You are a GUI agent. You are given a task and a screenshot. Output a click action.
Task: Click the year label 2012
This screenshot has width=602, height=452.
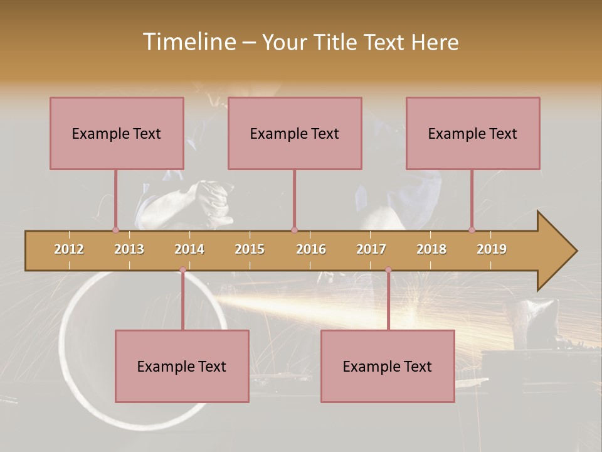[69, 249]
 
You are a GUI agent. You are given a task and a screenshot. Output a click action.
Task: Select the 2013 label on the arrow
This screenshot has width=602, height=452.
[129, 249]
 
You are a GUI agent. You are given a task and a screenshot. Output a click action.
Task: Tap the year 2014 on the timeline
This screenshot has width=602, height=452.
[189, 249]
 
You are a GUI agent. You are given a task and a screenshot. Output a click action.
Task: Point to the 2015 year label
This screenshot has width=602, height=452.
[250, 249]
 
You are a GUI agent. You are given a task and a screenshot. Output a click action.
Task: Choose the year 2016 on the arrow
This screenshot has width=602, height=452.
[311, 249]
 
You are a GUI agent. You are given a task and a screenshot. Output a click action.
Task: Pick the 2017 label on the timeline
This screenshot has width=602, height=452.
[371, 249]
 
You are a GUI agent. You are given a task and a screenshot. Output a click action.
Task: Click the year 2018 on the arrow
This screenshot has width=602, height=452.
[431, 249]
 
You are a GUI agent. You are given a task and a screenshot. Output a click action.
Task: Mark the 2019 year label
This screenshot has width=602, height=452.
[492, 249]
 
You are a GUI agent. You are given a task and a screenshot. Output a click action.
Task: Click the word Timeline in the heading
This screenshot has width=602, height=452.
[188, 42]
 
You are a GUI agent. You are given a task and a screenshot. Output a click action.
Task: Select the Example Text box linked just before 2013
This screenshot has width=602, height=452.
[117, 133]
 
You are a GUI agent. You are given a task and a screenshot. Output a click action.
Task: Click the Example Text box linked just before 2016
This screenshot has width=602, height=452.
[295, 133]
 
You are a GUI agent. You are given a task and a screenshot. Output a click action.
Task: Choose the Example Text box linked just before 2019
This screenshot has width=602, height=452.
[473, 133]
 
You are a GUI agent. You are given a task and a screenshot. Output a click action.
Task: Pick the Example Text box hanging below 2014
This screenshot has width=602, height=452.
[182, 366]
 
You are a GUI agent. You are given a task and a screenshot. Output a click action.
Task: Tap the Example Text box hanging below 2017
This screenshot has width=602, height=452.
[388, 366]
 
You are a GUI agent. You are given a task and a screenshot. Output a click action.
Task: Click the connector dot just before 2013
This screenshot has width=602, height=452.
[115, 230]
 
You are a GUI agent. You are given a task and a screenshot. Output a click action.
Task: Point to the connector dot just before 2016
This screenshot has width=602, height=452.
[294, 230]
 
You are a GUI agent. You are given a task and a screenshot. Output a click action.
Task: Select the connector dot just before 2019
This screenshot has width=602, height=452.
[472, 230]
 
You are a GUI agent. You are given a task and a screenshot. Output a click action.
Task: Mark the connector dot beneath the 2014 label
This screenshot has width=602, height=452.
[182, 270]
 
